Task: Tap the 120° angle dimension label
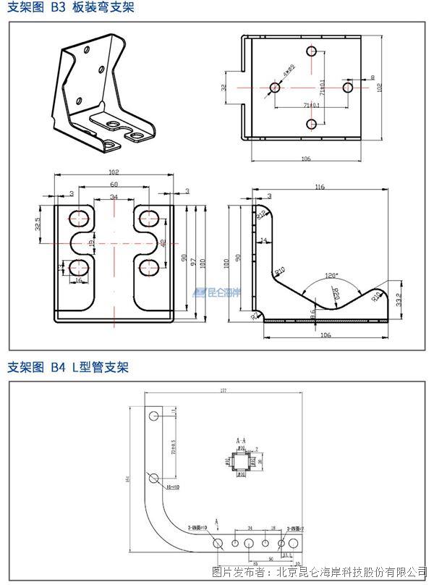coord(331,275)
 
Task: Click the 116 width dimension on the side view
coord(320,188)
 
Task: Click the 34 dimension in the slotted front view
coord(114,197)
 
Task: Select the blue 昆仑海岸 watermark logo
coord(216,293)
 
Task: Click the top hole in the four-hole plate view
coord(312,51)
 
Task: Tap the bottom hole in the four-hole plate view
coord(312,124)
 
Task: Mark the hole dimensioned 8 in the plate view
coord(348,88)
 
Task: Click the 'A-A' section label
coord(242,439)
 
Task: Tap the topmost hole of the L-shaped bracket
coord(154,417)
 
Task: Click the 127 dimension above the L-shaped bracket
coord(223,391)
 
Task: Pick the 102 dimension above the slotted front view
coord(114,172)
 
